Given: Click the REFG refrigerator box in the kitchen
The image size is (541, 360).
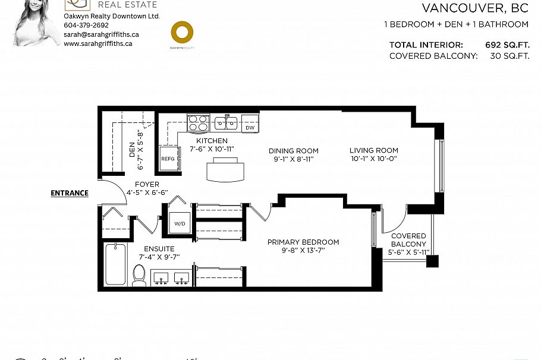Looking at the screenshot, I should [x=168, y=159].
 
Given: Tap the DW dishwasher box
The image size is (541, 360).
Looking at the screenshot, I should [x=250, y=127].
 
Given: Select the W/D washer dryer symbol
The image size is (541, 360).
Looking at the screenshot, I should [x=180, y=224].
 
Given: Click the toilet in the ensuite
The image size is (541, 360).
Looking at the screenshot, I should [x=139, y=275].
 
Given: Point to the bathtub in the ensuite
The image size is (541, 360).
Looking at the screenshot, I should [x=115, y=265].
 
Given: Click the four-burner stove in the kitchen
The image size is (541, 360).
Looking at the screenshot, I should [x=198, y=123].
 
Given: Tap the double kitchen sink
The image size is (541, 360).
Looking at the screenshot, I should [x=227, y=124].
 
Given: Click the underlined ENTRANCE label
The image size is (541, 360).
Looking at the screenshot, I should [x=70, y=193].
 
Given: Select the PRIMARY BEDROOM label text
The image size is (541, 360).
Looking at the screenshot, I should [x=303, y=242].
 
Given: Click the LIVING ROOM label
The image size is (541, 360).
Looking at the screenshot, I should [x=373, y=150].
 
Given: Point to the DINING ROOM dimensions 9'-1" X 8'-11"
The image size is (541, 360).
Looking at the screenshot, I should [x=293, y=159].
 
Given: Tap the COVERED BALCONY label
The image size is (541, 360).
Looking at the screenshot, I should [x=408, y=240].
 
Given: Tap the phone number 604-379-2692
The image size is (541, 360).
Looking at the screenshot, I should [x=86, y=26].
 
